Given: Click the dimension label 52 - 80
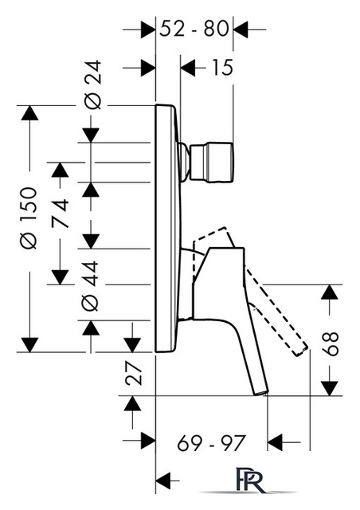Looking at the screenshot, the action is click(x=194, y=29).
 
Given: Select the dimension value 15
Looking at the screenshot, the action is click(x=222, y=68).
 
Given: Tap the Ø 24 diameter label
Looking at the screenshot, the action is click(x=92, y=84).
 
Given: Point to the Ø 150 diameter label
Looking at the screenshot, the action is click(x=29, y=218).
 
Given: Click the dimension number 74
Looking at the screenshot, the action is click(x=61, y=213).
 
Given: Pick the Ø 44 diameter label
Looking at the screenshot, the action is click(x=90, y=285).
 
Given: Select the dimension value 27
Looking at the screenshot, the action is click(x=134, y=374).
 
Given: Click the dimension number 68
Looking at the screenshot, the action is click(x=331, y=343).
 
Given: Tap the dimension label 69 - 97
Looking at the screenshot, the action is click(x=211, y=442).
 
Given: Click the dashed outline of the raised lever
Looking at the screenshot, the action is click(x=249, y=286).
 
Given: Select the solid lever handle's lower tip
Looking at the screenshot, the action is click(x=260, y=393).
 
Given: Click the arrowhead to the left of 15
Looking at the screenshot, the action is click(x=188, y=68).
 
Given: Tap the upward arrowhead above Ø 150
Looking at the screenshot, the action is click(x=29, y=113).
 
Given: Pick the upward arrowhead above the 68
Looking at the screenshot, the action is click(x=330, y=292).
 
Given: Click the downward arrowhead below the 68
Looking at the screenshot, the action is click(x=330, y=388).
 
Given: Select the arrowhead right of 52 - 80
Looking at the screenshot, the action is click(x=241, y=30).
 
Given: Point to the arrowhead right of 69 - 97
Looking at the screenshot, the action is click(x=275, y=442).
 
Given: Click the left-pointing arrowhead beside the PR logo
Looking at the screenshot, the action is click(x=163, y=480).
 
